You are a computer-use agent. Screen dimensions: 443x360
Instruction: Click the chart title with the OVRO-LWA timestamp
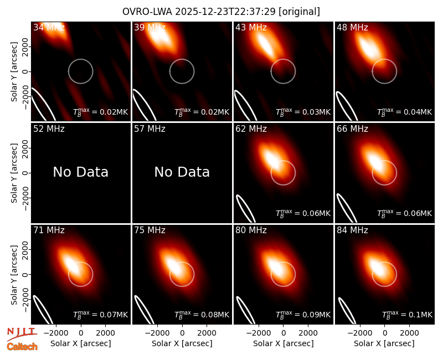click(221, 12)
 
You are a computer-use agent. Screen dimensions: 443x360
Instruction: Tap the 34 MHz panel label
click(49, 27)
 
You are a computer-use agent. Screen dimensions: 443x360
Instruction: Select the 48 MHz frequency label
click(352, 27)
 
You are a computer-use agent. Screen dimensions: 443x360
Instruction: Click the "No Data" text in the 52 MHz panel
click(80, 172)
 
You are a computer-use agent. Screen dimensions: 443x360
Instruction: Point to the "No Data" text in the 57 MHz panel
click(182, 172)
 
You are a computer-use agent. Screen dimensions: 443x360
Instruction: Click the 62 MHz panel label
click(251, 129)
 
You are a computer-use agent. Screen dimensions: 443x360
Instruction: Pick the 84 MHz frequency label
click(352, 230)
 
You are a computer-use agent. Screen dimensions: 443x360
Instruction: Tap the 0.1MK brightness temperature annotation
click(407, 315)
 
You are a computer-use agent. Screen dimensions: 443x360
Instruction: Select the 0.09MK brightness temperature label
click(303, 315)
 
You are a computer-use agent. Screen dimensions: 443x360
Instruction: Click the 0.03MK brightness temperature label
click(303, 112)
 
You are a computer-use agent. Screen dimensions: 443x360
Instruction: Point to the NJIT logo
click(22, 333)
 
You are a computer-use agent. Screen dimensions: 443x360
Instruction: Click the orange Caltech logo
click(22, 347)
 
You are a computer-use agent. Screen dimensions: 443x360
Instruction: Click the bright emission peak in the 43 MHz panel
click(266, 45)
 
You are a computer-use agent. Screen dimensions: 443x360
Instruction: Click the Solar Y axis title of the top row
click(14, 72)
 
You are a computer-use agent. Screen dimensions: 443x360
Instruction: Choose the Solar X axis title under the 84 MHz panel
click(384, 343)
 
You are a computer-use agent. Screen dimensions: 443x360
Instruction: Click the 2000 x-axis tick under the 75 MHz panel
click(207, 333)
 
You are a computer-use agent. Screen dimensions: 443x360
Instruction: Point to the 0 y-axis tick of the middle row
click(25, 173)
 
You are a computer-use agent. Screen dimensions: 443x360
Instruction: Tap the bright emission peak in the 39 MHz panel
click(159, 36)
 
